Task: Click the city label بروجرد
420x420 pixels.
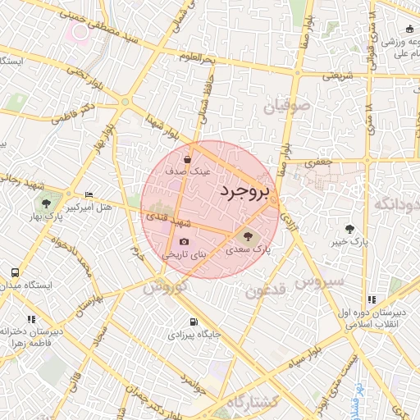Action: pyautogui.click(x=244, y=191)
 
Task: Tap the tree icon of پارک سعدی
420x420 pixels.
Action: pyautogui.click(x=249, y=237)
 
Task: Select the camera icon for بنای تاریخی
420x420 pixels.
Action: pyautogui.click(x=184, y=242)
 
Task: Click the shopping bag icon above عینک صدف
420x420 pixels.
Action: pyautogui.click(x=188, y=159)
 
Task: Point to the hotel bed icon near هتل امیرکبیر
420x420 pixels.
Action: pyautogui.click(x=89, y=194)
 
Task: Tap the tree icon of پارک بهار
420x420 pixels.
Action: pyautogui.click(x=44, y=203)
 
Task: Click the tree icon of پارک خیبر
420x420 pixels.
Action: pyautogui.click(x=351, y=228)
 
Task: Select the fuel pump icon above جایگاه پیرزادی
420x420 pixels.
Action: pyautogui.click(x=193, y=322)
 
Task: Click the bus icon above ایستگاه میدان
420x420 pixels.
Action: pyautogui.click(x=15, y=272)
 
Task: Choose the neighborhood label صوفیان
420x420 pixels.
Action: pyautogui.click(x=287, y=105)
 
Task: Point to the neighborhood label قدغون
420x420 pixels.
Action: pyautogui.click(x=262, y=290)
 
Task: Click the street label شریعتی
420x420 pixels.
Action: pyautogui.click(x=336, y=75)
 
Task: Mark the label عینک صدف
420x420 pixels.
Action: pyautogui.click(x=189, y=172)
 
